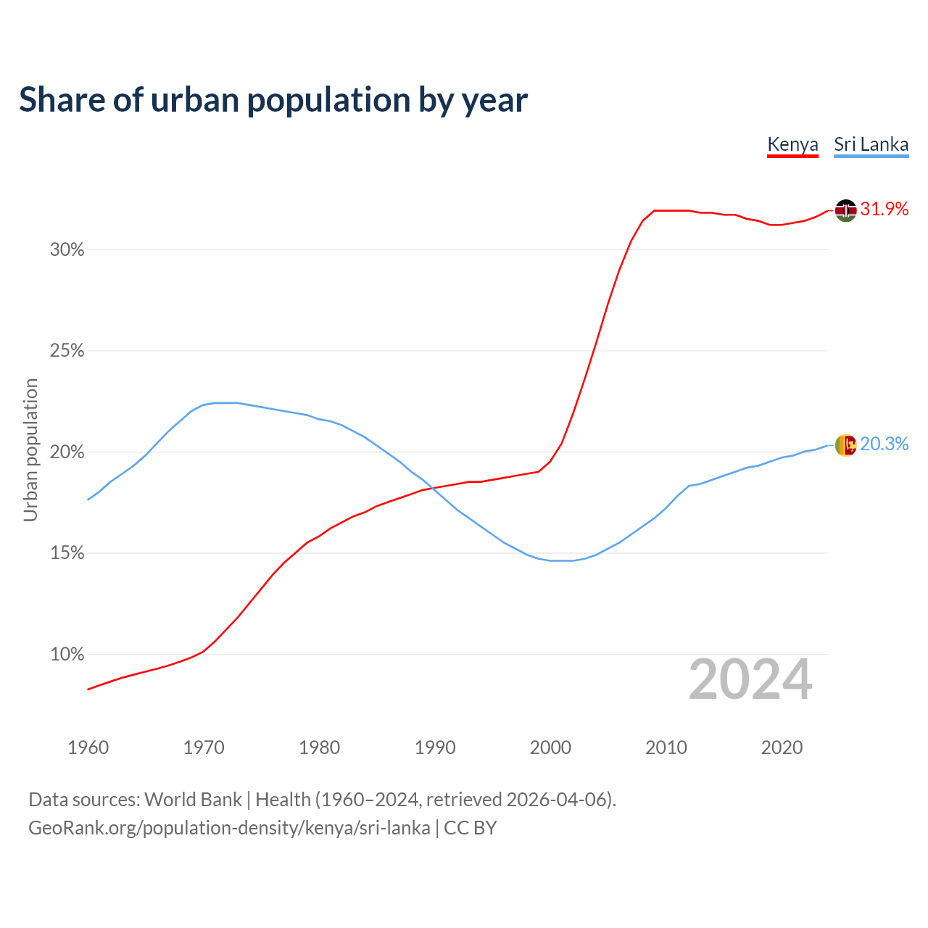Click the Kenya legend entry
coord(792,144)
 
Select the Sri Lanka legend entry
coord(871,144)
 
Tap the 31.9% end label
coord(884,210)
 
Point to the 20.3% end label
coord(884,444)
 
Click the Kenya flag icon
coord(845,210)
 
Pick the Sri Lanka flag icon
coord(845,445)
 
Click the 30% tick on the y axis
coord(67,250)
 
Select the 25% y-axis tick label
coord(67,352)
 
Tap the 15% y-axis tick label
coord(67,554)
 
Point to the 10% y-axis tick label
coord(67,655)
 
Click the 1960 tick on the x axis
coord(88,747)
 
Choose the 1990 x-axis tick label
coord(435,747)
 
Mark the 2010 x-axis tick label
coord(666,747)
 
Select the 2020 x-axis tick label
coord(782,747)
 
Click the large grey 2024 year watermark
coord(750,679)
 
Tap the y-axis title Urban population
coord(30,449)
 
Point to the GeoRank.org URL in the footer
coord(229,828)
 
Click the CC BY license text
coord(471,828)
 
